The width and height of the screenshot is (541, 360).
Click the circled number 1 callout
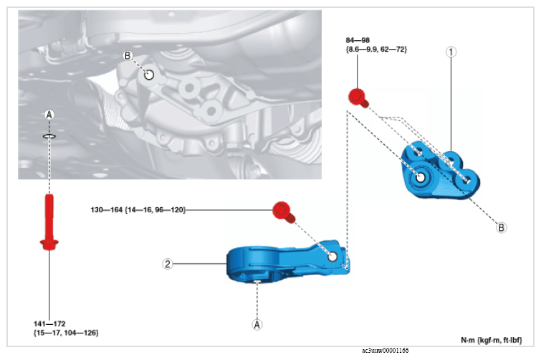[x=451, y=52]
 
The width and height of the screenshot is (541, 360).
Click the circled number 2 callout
[x=168, y=264]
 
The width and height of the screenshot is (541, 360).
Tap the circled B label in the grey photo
[x=128, y=55]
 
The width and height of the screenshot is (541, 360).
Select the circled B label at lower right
[x=502, y=227]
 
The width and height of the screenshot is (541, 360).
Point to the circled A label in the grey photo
[x=49, y=115]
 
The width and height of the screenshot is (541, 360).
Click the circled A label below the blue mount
[x=257, y=324]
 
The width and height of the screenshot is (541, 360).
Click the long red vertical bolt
[x=49, y=222]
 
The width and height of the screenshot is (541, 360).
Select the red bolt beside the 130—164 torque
[x=283, y=212]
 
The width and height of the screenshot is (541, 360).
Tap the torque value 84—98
[x=358, y=40]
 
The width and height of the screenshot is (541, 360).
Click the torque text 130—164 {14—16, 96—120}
[x=138, y=210]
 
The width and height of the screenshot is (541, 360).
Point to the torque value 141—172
[x=49, y=323]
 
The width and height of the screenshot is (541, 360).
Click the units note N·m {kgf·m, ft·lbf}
[x=492, y=341]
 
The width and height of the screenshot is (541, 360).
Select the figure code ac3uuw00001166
[x=385, y=351]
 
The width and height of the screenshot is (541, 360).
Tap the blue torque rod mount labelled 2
[x=288, y=261]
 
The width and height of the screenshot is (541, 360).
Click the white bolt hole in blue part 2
[x=332, y=257]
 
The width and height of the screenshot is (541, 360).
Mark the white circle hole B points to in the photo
[x=149, y=75]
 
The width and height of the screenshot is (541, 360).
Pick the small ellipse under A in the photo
[x=49, y=136]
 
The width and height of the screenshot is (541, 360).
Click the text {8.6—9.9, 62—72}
[x=376, y=49]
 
